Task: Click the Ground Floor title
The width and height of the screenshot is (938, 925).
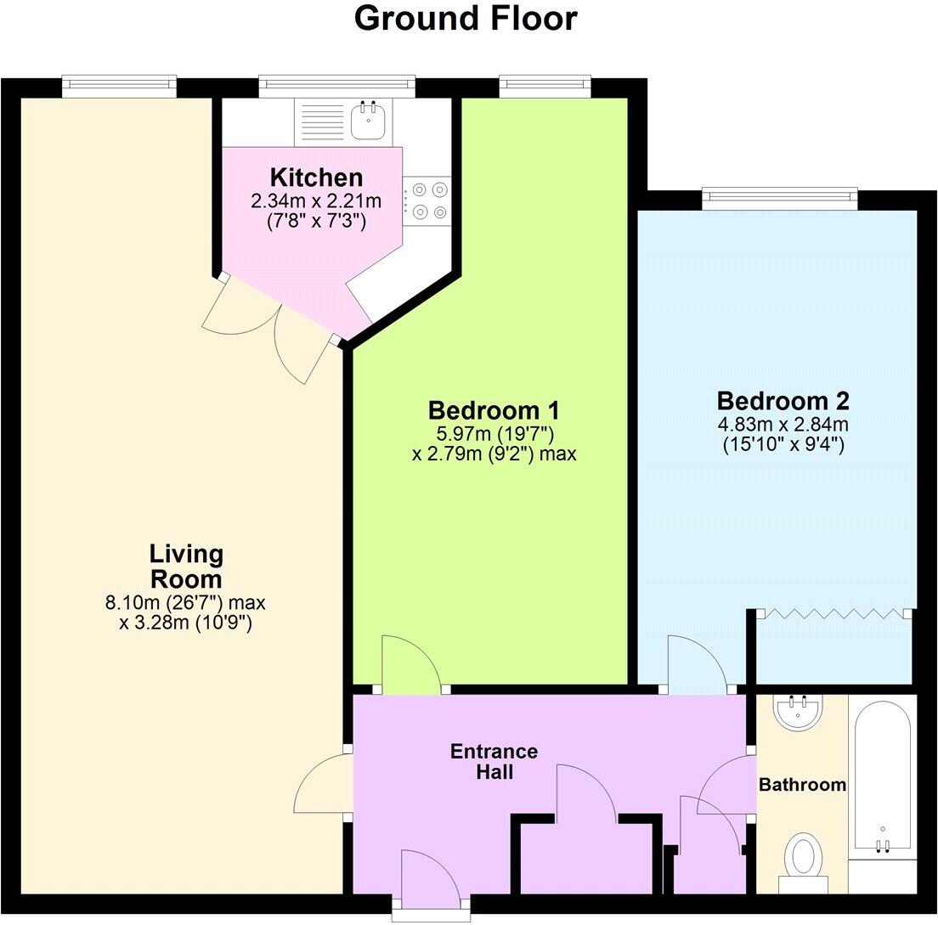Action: [x=466, y=19]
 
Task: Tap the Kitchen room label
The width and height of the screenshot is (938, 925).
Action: [x=316, y=178]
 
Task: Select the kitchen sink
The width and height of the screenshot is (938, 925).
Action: [x=369, y=119]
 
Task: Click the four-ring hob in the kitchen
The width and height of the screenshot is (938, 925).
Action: [x=427, y=201]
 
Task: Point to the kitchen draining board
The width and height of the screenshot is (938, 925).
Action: [x=321, y=119]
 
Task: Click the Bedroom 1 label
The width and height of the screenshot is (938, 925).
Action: [x=494, y=410]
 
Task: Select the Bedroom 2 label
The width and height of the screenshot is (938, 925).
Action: [x=783, y=400]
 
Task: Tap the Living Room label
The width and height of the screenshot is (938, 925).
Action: [x=185, y=567]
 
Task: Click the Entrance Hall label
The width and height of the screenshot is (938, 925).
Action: [x=494, y=762]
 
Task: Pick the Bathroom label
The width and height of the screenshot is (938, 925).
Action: [x=802, y=785]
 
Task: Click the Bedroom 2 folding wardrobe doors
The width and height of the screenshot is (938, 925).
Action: [x=834, y=613]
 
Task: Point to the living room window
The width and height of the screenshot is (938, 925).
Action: [x=119, y=83]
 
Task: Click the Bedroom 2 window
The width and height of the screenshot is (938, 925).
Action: [x=779, y=197]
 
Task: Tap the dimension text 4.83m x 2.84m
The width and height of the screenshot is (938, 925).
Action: [x=783, y=425]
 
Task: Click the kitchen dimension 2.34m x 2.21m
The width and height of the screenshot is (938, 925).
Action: [x=316, y=202]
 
